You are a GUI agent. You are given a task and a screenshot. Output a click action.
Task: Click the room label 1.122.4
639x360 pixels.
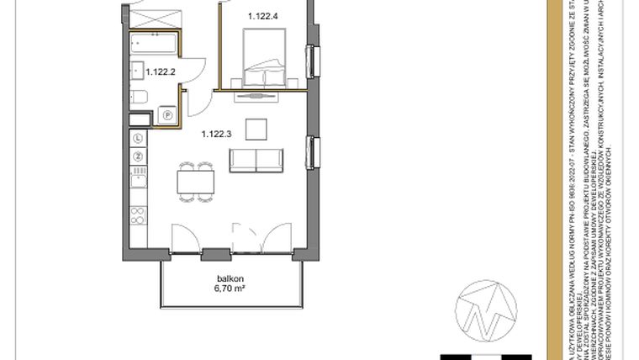pos(263,15)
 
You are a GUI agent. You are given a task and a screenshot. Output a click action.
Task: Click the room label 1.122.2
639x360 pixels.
pos(160,71)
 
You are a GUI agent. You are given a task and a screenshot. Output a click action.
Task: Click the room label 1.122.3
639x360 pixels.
pos(216,132)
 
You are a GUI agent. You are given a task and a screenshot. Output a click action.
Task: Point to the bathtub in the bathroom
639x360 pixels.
pos(153,44)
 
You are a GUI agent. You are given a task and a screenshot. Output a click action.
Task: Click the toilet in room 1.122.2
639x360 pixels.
pos(140,98)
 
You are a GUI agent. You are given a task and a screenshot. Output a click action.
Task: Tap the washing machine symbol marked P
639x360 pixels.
pos(167,114)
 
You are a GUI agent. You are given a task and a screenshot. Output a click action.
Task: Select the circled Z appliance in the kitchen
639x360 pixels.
pos(138,156)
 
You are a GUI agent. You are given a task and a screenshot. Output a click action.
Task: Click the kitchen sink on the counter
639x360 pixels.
pos(138,177)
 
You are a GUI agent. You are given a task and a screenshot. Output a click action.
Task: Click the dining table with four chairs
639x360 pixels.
pos(195,181)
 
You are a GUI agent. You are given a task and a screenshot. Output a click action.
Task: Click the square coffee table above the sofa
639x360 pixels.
pos(256,129)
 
